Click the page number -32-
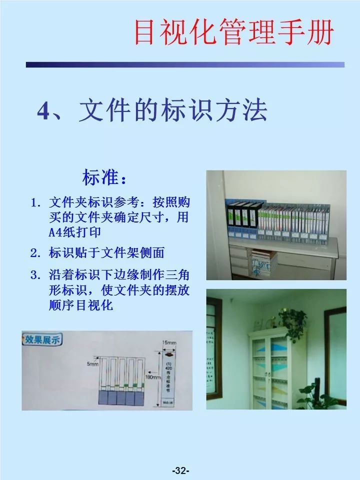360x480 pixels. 179,470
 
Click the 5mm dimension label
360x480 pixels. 93,364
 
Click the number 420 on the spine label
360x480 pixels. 168,371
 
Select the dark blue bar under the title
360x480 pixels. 185,64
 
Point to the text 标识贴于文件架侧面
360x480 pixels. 106,253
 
